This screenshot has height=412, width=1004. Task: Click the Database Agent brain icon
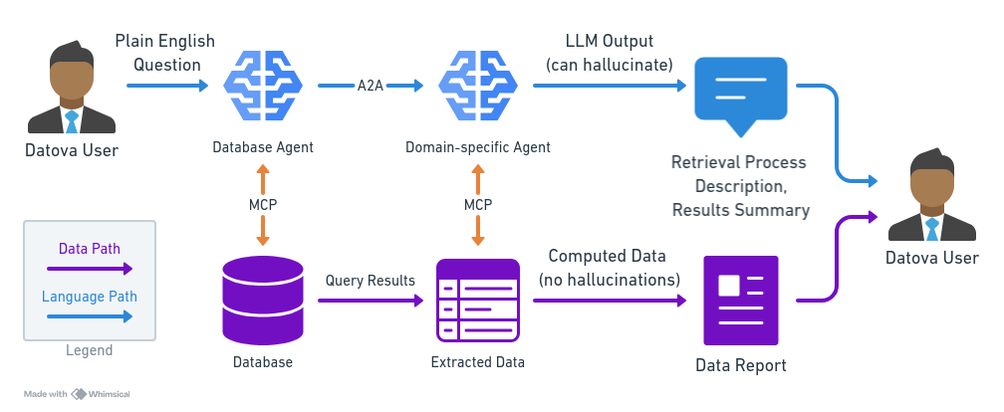pyautogui.click(x=263, y=88)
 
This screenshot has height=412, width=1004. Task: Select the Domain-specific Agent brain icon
pyautogui.click(x=477, y=88)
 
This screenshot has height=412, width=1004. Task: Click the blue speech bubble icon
pyautogui.click(x=741, y=96)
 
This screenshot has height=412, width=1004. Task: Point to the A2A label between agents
pyautogui.click(x=371, y=87)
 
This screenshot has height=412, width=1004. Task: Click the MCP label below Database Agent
pyautogui.click(x=263, y=205)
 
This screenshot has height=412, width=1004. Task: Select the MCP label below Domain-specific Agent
pyautogui.click(x=478, y=205)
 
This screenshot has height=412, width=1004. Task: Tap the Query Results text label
pyautogui.click(x=370, y=281)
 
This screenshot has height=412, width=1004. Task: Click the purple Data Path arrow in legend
pyautogui.click(x=90, y=268)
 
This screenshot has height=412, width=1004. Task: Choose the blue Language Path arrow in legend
pyautogui.click(x=90, y=316)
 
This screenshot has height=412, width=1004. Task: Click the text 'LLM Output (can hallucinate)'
pyautogui.click(x=609, y=53)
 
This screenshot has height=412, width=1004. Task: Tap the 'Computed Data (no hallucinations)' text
pyautogui.click(x=609, y=269)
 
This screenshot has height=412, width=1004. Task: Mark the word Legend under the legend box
pyautogui.click(x=90, y=350)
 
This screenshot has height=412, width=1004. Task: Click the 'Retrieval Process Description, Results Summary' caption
pyautogui.click(x=739, y=186)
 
